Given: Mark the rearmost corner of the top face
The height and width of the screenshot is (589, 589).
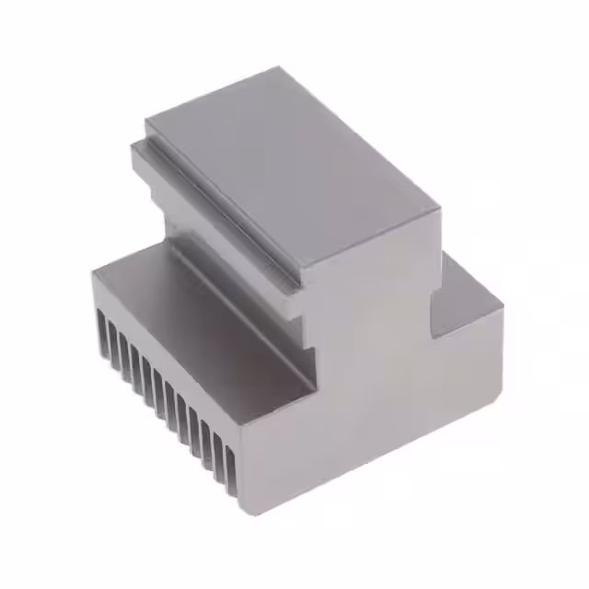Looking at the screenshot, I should click(278, 67).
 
